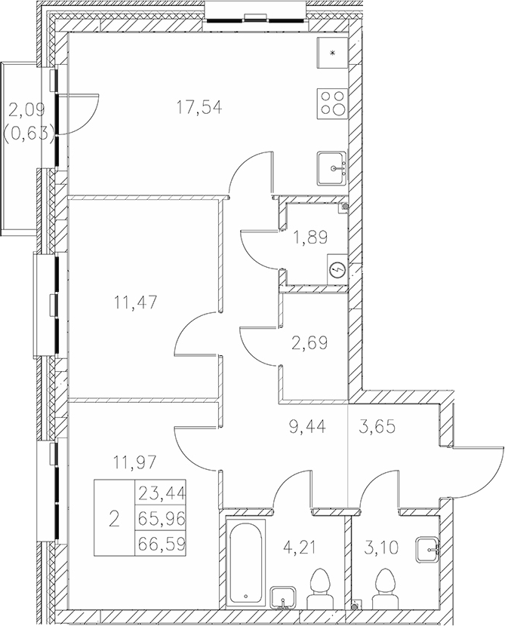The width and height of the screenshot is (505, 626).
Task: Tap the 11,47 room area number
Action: [136, 304]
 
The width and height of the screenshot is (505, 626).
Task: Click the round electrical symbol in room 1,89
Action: [337, 271]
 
